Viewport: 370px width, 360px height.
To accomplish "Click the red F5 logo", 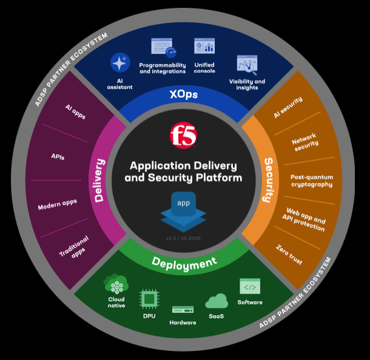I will (183, 134).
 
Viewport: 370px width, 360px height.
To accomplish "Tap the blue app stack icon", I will (183, 208).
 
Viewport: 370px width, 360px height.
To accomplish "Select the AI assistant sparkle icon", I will (120, 63).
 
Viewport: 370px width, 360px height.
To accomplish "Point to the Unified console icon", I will (204, 47).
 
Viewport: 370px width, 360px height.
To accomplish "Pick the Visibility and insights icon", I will (247, 65).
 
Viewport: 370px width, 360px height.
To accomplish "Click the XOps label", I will (183, 95).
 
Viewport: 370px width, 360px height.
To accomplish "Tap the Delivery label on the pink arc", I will (100, 180).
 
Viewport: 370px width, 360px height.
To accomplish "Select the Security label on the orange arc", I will (267, 180).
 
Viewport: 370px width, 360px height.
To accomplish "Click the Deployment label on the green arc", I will (184, 262).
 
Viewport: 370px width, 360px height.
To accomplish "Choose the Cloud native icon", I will (116, 284).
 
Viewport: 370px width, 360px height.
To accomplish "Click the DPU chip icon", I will (149, 299).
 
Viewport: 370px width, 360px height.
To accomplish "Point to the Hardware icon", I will (183, 310).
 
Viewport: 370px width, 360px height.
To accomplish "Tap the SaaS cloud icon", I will (217, 301).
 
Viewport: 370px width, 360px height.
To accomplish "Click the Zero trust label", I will (289, 255).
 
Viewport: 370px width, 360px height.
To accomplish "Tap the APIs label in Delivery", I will (58, 157).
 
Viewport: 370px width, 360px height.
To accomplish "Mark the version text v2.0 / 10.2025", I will (183, 238).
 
